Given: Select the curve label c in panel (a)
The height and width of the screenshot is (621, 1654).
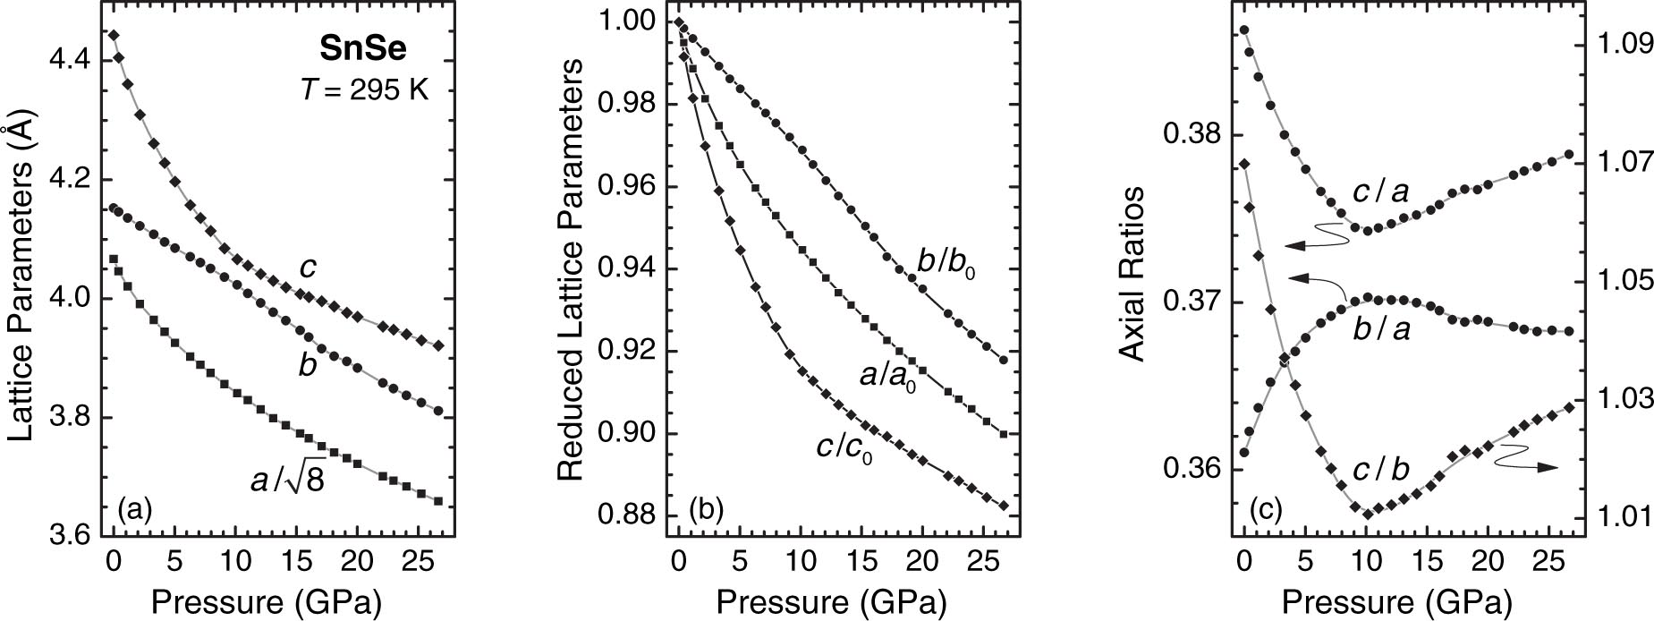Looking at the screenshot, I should click(306, 268).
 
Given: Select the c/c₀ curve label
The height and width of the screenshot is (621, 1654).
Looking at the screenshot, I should click(844, 447).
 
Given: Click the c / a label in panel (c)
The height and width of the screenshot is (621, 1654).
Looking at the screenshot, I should click(1386, 191).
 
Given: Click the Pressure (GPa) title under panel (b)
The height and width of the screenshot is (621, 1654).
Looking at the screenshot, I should click(829, 599).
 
